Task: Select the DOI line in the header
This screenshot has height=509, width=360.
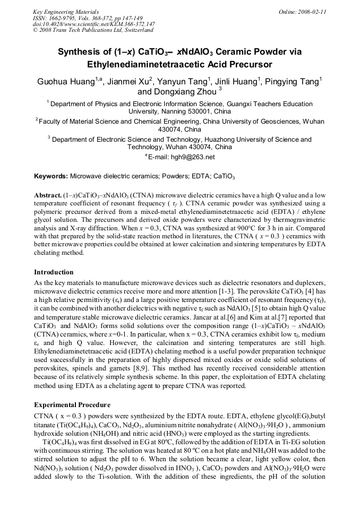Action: point(94,24)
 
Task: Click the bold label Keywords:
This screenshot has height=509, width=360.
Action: point(51,176)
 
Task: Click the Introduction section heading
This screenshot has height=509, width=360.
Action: point(54,272)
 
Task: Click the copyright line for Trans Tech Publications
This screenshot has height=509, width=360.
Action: point(93,30)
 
